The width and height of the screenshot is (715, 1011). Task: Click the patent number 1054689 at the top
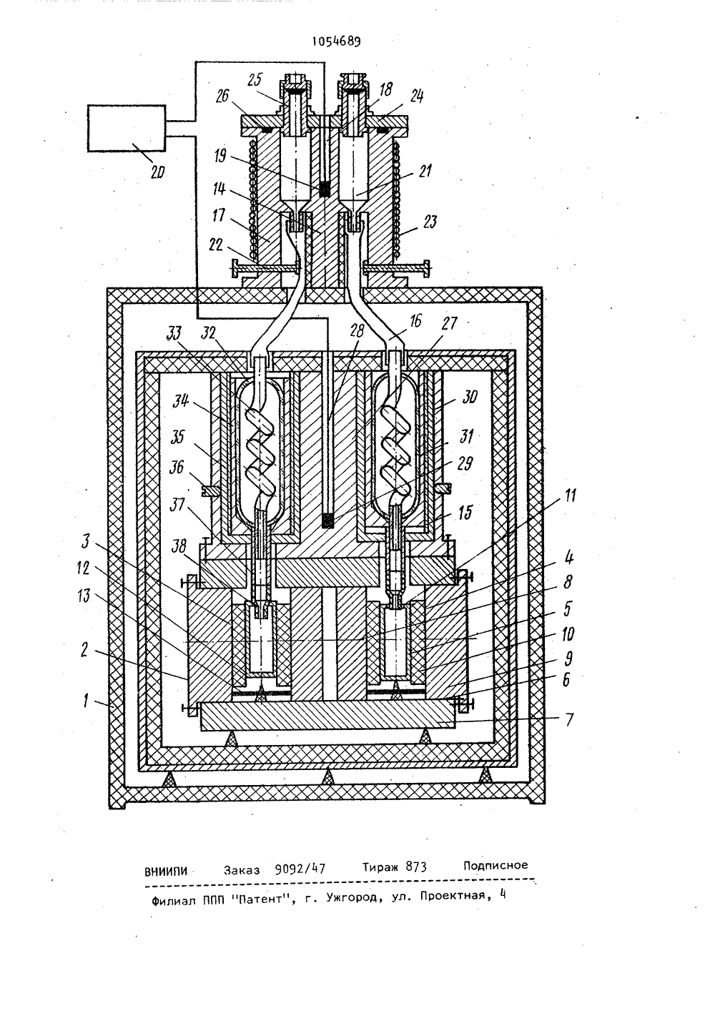tap(337, 41)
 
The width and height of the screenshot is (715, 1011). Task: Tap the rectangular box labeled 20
tap(127, 129)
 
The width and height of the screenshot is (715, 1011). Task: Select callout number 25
tap(255, 80)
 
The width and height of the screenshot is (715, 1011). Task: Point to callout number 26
tap(222, 96)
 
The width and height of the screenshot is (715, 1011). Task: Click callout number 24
tap(416, 96)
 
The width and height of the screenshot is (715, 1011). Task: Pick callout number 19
tap(220, 156)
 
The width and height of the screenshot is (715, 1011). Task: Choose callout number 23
tap(430, 222)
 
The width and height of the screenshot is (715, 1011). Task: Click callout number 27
tap(449, 323)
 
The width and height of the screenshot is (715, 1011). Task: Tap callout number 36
tap(177, 467)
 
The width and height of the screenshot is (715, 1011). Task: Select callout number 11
tap(570, 495)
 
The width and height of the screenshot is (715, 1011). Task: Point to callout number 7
tap(570, 719)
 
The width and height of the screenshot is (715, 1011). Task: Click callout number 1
tap(86, 701)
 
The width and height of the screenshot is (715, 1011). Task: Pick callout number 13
tap(84, 596)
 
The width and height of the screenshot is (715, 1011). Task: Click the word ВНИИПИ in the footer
tap(166, 872)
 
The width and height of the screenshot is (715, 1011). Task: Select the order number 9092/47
tap(300, 869)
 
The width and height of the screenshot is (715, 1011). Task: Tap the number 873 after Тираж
tap(415, 867)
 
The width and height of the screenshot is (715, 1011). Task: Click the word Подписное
tap(495, 865)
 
